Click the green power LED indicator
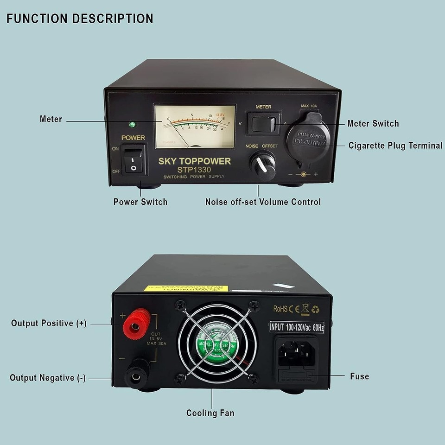[132, 125]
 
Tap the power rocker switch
[134, 159]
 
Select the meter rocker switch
[263, 123]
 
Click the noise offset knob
[263, 165]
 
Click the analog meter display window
[195, 126]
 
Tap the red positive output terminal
[137, 323]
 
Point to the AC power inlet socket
[297, 351]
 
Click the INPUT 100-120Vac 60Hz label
[297, 327]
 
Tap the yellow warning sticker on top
[185, 288]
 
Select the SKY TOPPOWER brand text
[195, 161]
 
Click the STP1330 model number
[194, 170]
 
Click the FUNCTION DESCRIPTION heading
[80, 19]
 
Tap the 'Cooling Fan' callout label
[210, 413]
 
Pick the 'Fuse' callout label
[360, 376]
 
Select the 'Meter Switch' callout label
[373, 123]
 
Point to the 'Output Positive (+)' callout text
[49, 324]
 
